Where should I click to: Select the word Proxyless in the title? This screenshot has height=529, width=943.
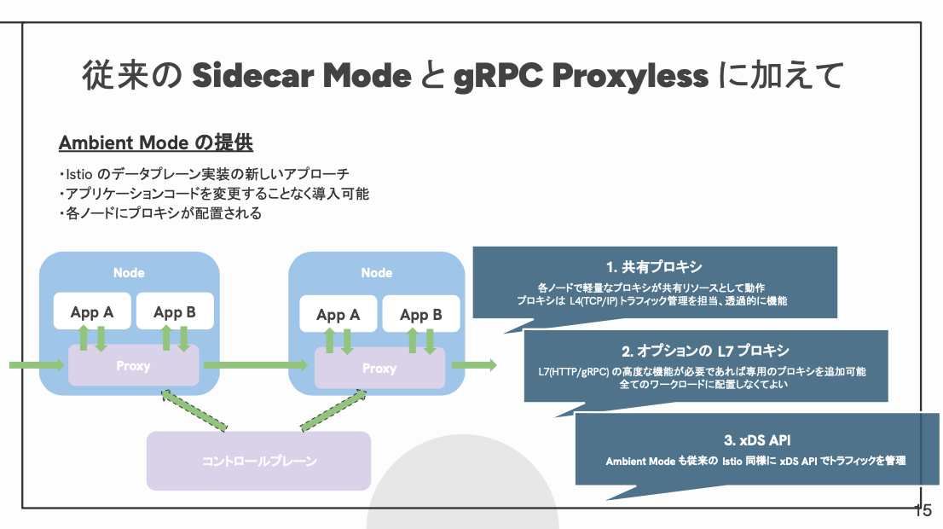coord(630,77)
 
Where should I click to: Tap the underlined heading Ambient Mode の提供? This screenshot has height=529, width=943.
coord(156,142)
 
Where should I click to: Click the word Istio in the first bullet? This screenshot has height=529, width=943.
coord(78,175)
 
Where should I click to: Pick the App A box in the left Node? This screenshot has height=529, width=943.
coord(92,311)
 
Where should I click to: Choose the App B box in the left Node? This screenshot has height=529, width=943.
coord(175,311)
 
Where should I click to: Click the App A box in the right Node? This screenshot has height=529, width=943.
coord(338,313)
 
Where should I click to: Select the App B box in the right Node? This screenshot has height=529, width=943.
coord(421,313)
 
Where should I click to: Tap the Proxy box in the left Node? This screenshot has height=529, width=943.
coord(134,365)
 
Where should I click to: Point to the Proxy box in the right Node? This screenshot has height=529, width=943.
coord(379,368)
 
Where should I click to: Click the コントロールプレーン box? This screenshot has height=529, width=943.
coord(258,461)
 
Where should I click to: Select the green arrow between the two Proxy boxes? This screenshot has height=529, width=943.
coord(256,364)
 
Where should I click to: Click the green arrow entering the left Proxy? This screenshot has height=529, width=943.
coord(37,364)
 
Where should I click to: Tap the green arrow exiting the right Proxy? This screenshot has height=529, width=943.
coord(474,364)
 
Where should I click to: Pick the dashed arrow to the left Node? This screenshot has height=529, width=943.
coord(194,410)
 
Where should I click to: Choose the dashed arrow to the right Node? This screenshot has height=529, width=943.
coord(333,410)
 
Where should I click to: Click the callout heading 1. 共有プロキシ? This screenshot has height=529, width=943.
coord(654,266)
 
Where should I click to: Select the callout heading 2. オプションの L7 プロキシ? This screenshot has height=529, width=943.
coord(705,351)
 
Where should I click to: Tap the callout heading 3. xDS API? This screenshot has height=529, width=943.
coord(757,440)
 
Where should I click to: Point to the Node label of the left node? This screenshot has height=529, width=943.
coord(129,273)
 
